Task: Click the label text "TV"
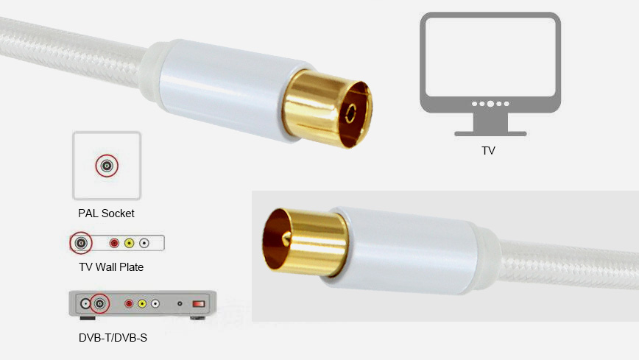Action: [x=488, y=151]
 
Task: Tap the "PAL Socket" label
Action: [x=106, y=213]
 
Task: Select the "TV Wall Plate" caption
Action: [x=111, y=267]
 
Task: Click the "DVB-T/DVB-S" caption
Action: [x=113, y=338]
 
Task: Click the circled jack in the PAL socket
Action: [x=107, y=166]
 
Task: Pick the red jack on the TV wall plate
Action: [x=114, y=243]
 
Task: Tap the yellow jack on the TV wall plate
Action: [x=129, y=243]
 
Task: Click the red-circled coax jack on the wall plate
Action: [x=81, y=243]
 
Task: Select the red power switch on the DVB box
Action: [x=199, y=304]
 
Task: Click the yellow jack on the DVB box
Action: [x=142, y=304]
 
